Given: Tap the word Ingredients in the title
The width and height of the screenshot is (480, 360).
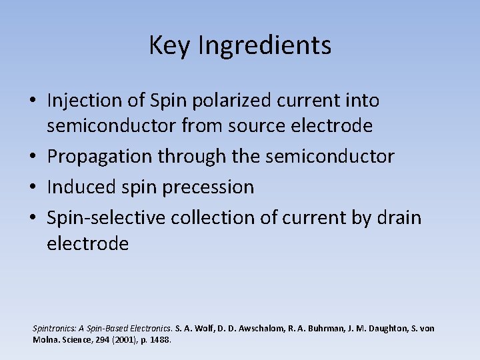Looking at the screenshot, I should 265,46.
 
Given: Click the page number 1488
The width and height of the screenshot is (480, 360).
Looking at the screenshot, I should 161,340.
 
